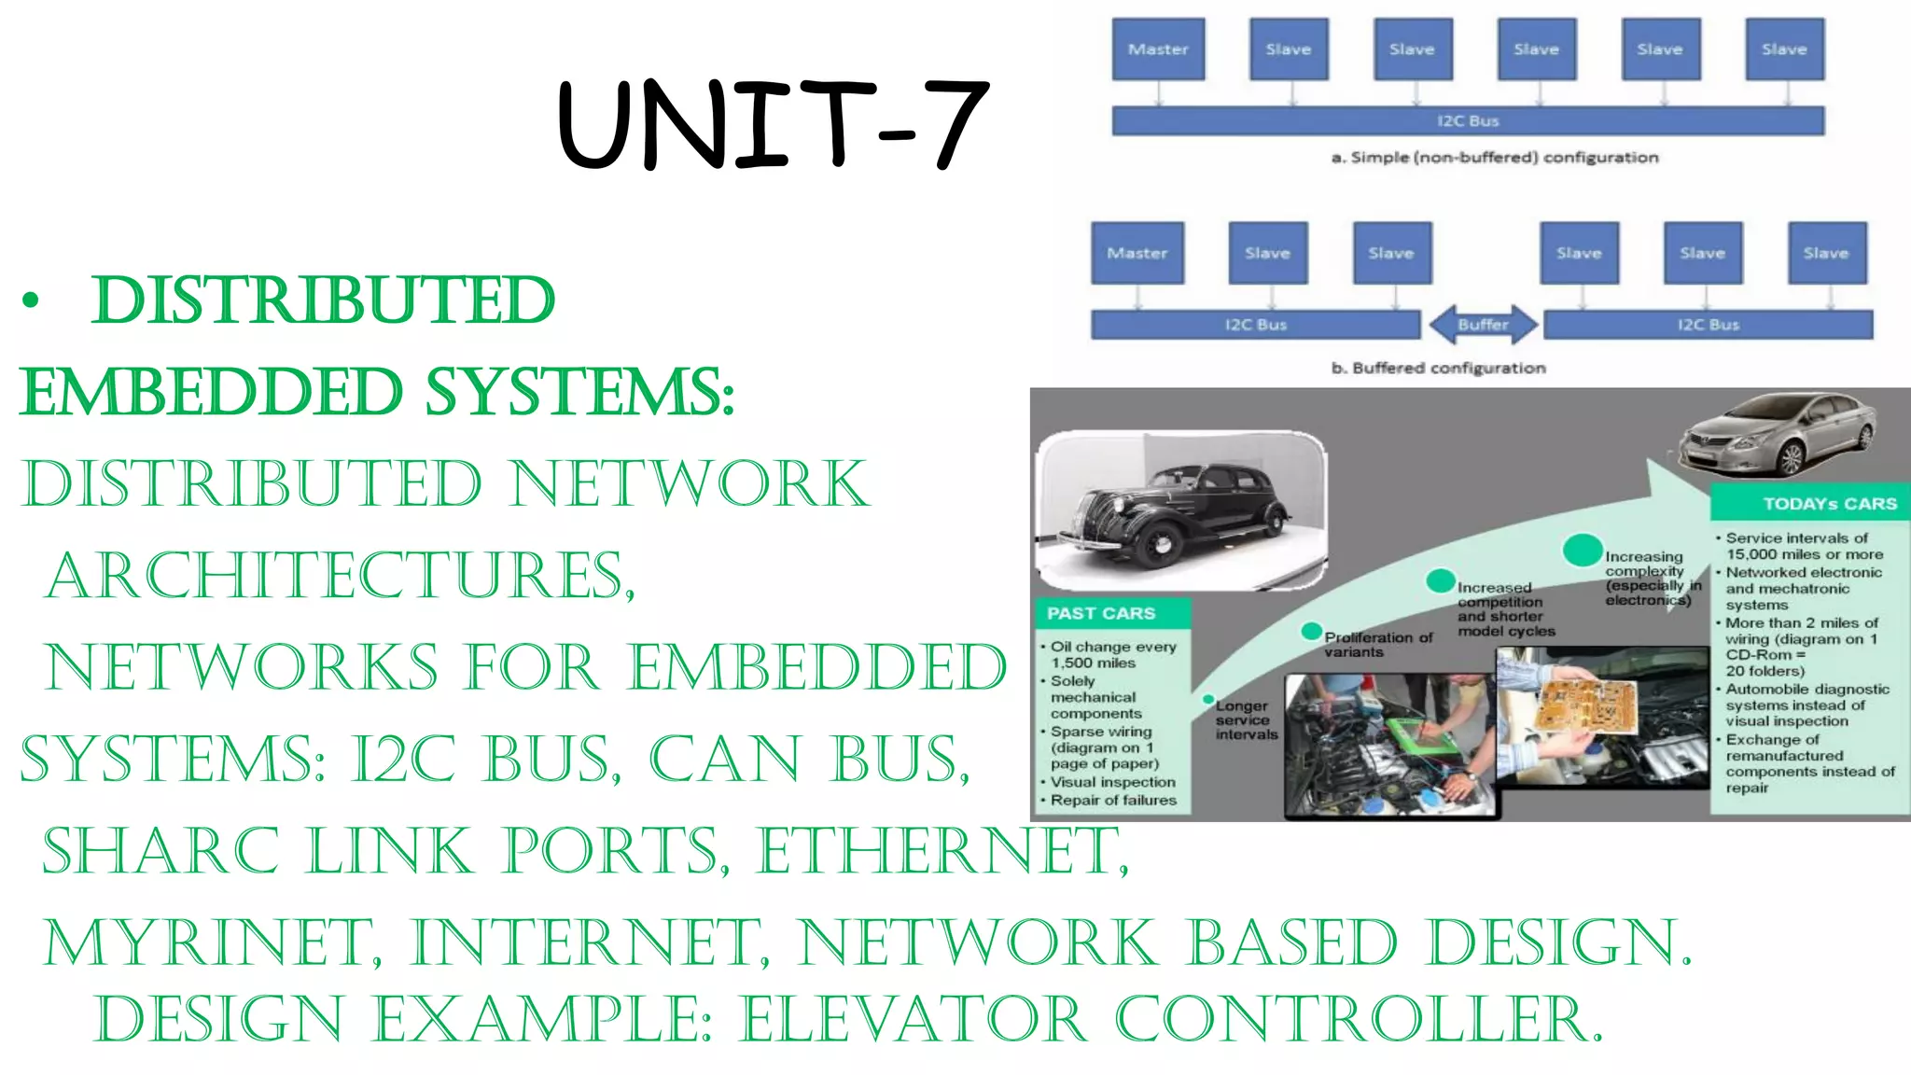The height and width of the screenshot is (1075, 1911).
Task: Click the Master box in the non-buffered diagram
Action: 1158,49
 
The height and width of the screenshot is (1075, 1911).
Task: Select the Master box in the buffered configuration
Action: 1137,253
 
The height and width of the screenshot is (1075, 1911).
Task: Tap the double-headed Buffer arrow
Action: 1483,325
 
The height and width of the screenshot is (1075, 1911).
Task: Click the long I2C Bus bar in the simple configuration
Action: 1468,121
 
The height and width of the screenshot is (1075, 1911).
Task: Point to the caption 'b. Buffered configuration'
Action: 1438,368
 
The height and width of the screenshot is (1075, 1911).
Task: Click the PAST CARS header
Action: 1101,613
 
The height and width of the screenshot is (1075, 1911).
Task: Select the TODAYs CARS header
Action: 1829,504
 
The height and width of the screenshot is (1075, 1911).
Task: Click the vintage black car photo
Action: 1180,510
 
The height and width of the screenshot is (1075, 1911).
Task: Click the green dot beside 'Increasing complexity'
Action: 1583,550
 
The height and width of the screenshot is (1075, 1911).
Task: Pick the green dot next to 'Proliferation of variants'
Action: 1311,631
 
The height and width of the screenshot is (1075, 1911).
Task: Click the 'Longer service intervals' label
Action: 1246,719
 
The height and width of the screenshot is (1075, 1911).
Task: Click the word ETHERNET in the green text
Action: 942,851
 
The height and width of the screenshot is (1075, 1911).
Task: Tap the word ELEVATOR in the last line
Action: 914,1018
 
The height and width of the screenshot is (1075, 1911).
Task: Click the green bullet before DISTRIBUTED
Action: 32,300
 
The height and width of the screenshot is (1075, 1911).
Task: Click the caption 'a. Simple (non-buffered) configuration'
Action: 1494,158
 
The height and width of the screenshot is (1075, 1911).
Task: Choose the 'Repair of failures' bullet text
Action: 1113,800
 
